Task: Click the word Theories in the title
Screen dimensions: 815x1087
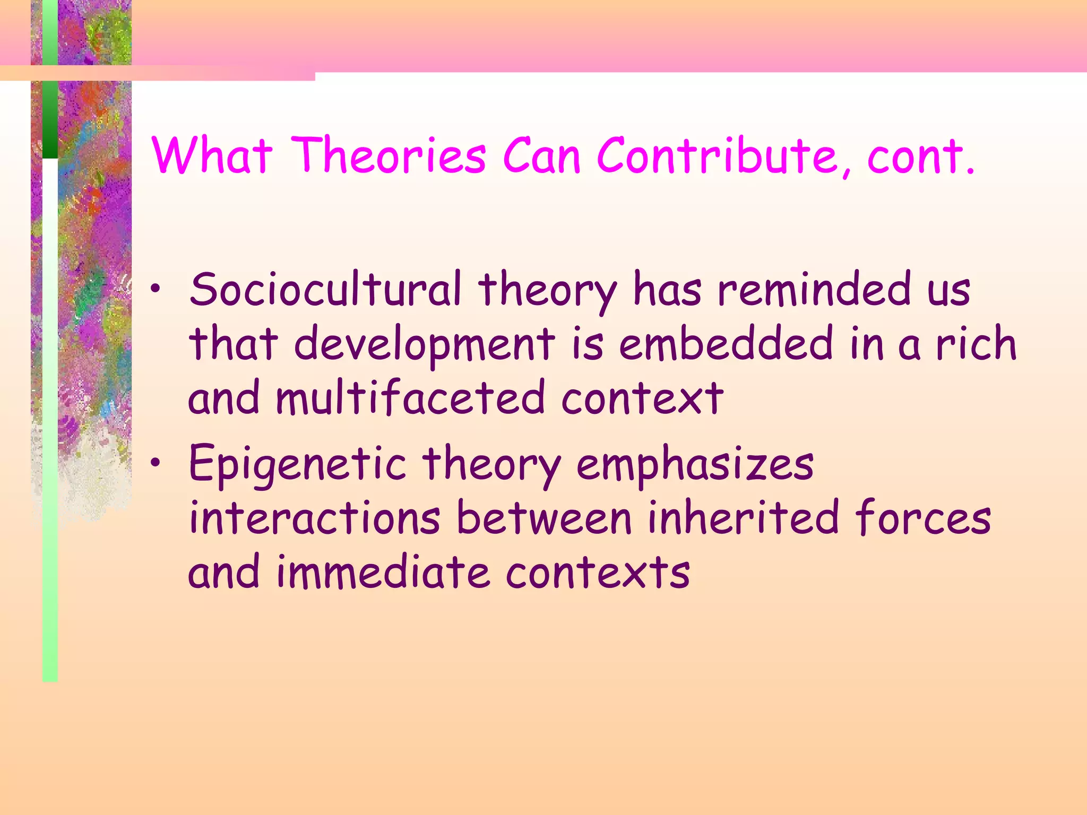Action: (389, 155)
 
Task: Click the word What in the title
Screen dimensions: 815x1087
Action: (212, 155)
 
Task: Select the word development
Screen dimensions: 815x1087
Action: (425, 345)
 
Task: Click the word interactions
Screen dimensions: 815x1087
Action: (315, 518)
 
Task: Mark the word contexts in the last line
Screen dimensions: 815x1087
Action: (598, 573)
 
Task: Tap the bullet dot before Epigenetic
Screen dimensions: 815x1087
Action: (155, 464)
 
